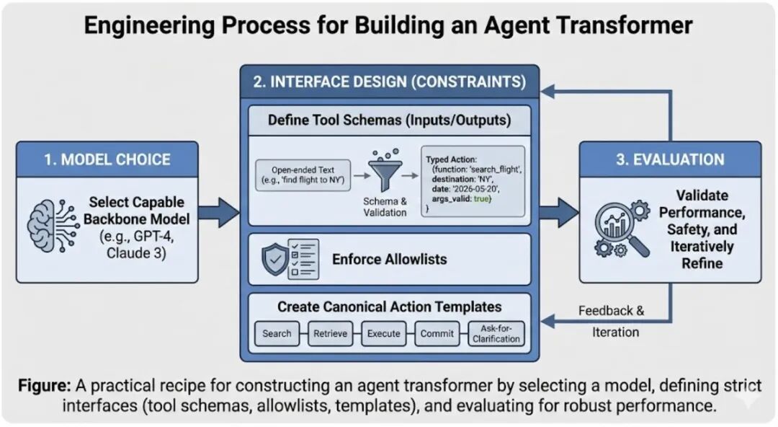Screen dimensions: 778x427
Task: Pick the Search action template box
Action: (277, 333)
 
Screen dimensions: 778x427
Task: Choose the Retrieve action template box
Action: (330, 333)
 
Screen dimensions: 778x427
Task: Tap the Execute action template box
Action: (383, 333)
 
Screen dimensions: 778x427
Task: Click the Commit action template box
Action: (437, 333)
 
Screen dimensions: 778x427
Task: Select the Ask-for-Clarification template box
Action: (495, 333)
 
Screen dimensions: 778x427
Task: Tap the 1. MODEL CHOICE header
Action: (107, 159)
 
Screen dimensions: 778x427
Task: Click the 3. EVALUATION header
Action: (670, 159)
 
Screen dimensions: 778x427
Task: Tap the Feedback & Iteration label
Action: (611, 321)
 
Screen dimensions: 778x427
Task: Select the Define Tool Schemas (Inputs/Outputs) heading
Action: (389, 120)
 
